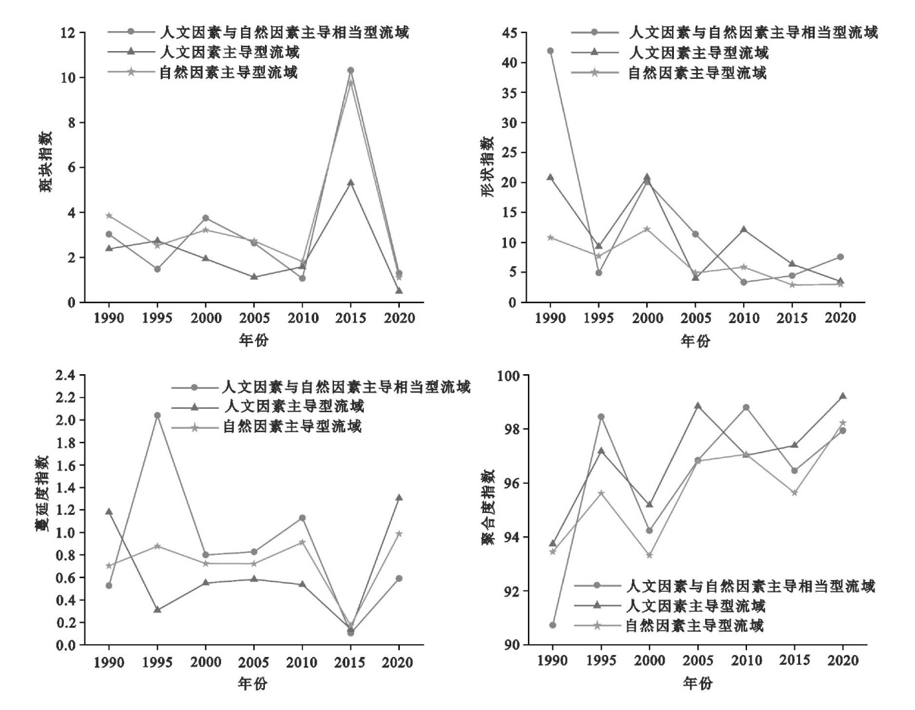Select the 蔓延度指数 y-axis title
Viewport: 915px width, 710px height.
42,494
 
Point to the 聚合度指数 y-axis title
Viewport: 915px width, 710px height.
489,507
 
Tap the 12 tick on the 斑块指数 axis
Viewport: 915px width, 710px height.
68,33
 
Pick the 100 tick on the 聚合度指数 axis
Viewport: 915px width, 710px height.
509,376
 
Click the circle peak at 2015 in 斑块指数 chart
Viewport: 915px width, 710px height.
351,70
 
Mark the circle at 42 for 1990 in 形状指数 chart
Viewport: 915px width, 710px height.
550,50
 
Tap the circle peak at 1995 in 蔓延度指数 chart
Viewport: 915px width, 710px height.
157,415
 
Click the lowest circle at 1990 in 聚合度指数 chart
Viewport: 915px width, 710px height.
552,625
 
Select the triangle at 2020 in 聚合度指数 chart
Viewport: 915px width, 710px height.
843,396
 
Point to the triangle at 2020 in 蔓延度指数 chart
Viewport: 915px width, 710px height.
399,498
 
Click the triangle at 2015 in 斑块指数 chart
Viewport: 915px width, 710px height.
351,182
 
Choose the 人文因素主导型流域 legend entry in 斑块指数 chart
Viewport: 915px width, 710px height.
229,52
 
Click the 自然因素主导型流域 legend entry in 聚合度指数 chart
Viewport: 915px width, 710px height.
694,625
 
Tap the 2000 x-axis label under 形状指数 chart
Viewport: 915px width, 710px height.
647,319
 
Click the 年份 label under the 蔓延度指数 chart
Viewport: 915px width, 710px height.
253,683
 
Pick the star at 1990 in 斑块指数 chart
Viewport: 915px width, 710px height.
109,216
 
